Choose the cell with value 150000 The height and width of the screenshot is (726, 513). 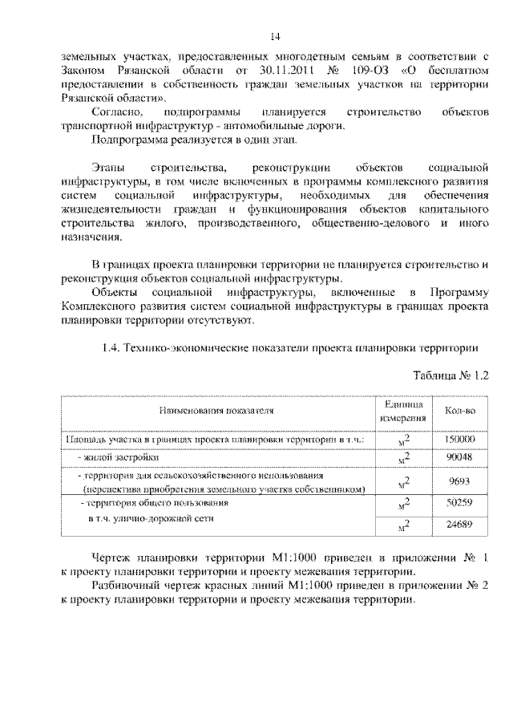pos(460,439)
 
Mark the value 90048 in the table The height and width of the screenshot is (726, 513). pos(460,457)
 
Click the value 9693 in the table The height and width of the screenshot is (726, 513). pos(460,482)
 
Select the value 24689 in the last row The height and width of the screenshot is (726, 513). pos(460,525)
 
